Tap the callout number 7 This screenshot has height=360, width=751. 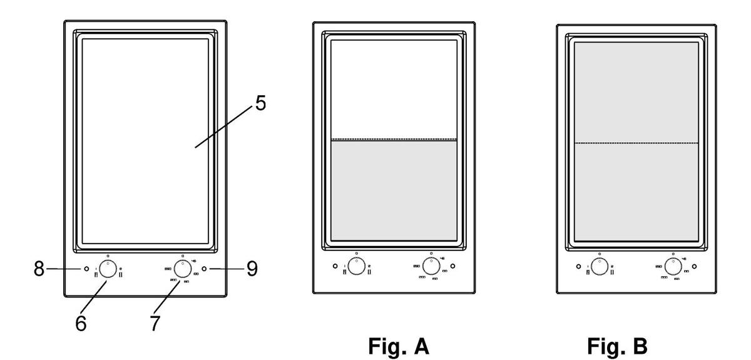[154, 324]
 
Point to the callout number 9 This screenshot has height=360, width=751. [251, 270]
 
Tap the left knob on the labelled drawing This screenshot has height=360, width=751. [108, 270]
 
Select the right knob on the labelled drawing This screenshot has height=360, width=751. [182, 270]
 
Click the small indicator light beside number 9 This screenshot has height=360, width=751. [205, 270]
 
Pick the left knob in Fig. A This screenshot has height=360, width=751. [356, 266]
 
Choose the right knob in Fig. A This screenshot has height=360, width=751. [430, 266]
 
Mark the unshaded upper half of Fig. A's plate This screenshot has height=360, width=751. [393, 91]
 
